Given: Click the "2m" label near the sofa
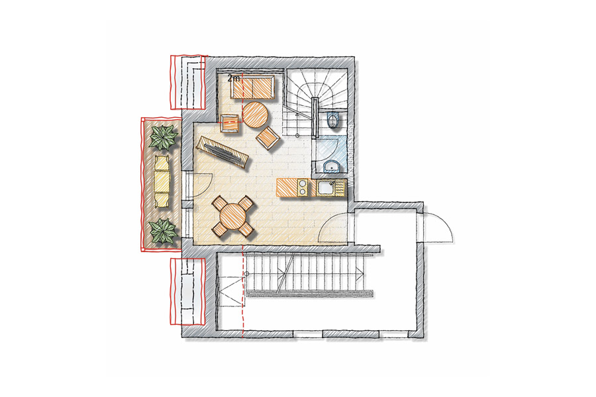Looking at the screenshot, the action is click(x=234, y=79).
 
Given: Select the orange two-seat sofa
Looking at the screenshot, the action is click(x=252, y=88).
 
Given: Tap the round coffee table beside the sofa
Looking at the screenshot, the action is click(x=256, y=114).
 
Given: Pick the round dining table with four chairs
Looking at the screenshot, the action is click(x=232, y=216).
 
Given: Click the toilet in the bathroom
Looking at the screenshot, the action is click(x=333, y=120).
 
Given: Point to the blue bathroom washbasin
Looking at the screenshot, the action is click(x=332, y=166).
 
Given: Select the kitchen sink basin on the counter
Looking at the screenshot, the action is click(x=326, y=188).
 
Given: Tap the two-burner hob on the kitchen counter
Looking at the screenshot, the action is click(x=303, y=188).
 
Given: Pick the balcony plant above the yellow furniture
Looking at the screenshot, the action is click(x=164, y=137).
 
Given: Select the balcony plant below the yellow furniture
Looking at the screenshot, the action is click(x=163, y=231).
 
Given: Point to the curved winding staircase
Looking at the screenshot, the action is click(x=317, y=101).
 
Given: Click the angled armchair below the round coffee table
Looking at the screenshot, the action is click(x=268, y=138).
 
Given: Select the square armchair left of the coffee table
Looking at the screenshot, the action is click(x=230, y=122).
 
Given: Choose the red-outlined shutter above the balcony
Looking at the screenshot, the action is click(x=188, y=81).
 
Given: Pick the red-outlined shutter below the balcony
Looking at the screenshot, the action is click(x=188, y=291).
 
